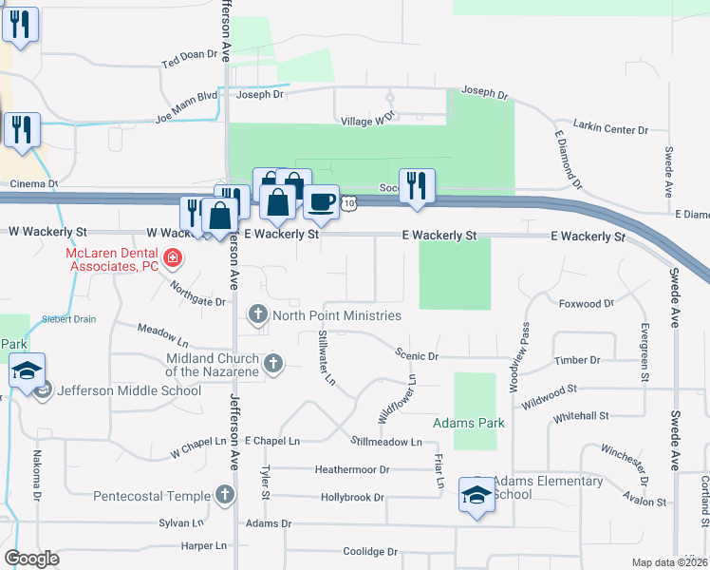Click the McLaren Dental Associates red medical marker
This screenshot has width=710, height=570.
click(172, 256)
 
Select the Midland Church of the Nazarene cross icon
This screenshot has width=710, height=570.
click(273, 362)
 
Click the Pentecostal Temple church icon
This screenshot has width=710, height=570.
click(225, 495)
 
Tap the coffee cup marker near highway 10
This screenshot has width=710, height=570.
click(322, 202)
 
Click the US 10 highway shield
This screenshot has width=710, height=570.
click(350, 202)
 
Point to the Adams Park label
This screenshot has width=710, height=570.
click(468, 422)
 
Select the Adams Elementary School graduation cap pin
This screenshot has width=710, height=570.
click(476, 494)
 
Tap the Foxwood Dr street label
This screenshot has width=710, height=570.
click(587, 304)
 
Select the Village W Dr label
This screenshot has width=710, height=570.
click(366, 122)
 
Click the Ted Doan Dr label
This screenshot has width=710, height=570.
click(191, 56)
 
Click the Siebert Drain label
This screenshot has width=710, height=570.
click(67, 319)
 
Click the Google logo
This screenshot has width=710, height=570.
click(31, 558)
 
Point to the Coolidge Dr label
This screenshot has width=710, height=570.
click(370, 551)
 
